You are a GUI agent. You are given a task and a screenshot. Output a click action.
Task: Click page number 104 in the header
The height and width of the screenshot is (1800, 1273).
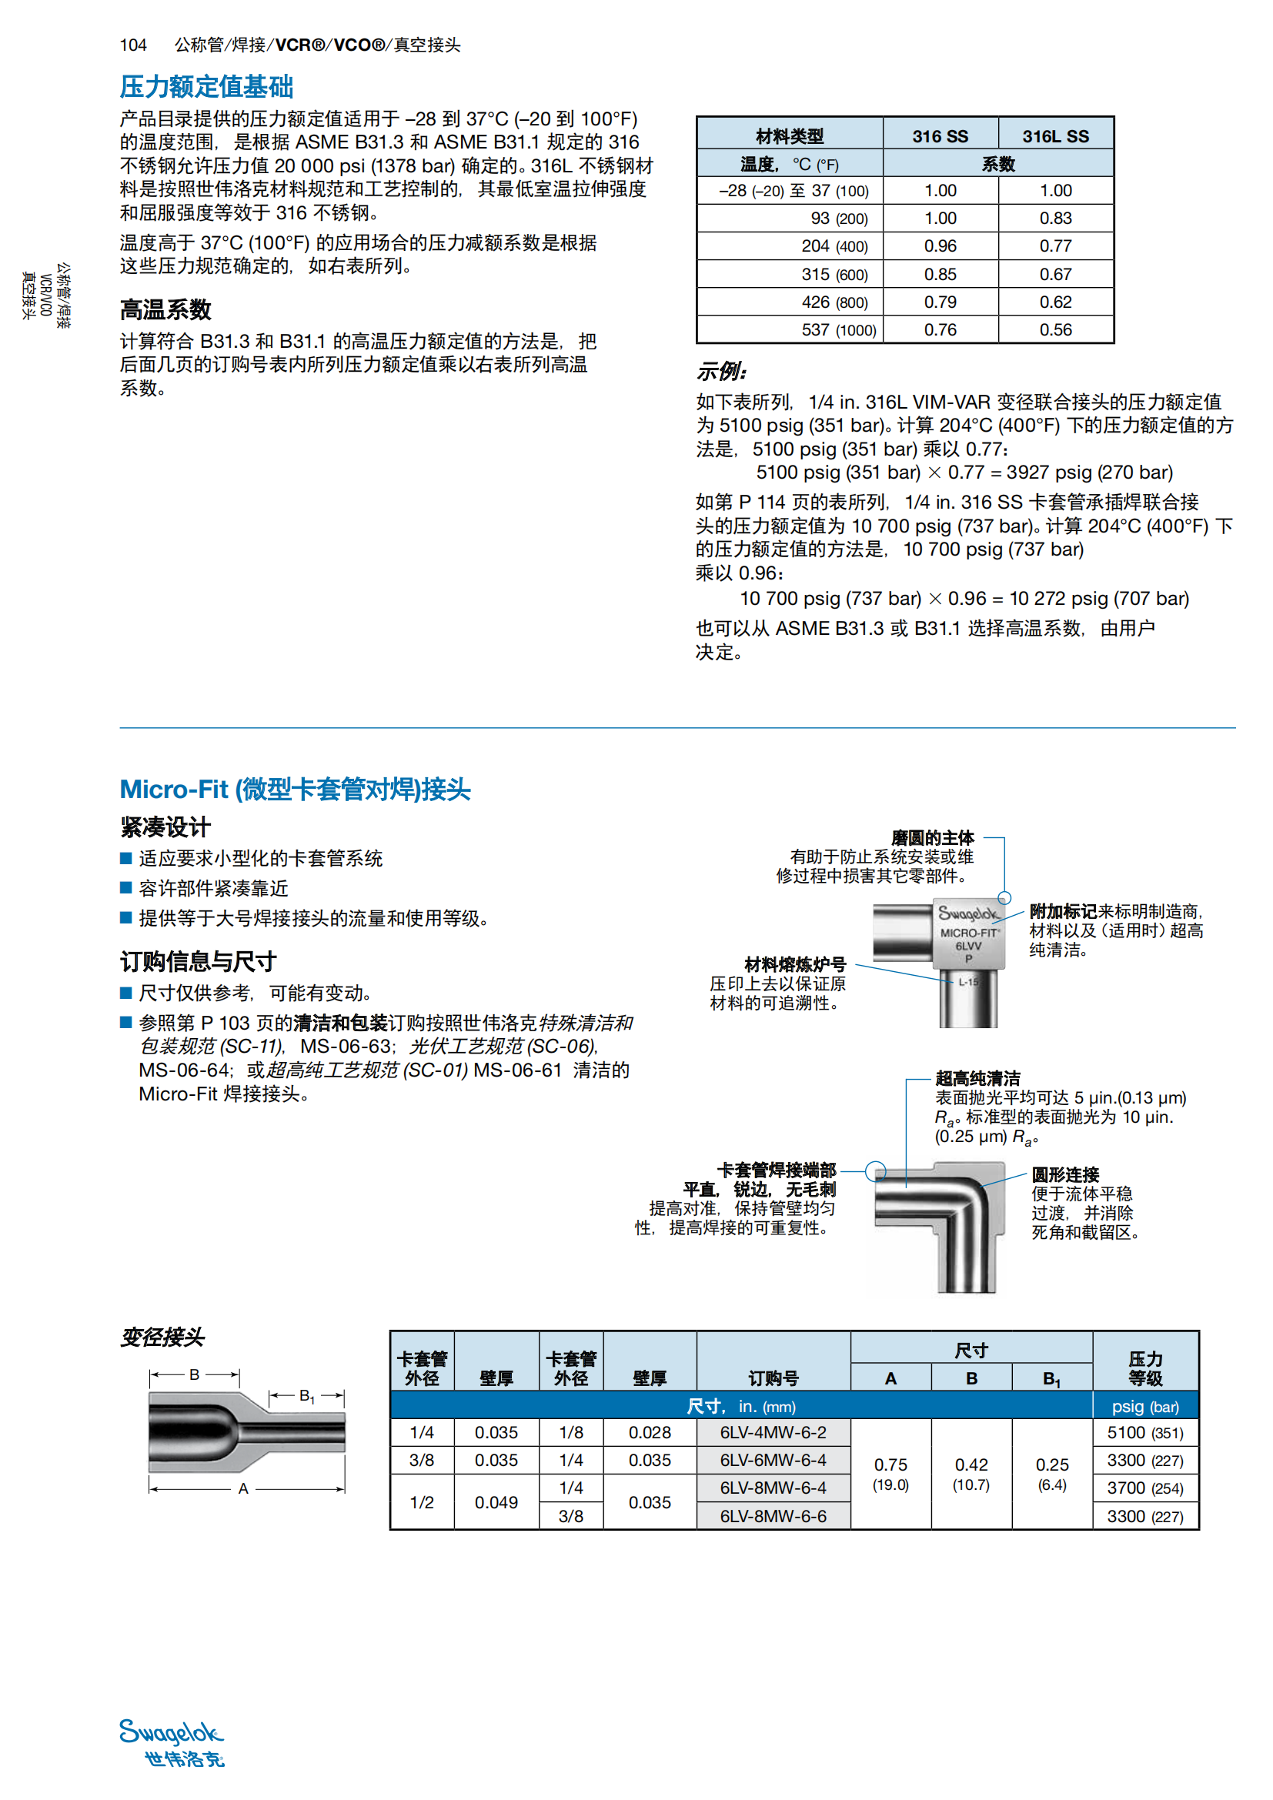point(133,45)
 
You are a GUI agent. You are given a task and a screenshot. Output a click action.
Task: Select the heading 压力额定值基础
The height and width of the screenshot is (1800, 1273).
point(206,86)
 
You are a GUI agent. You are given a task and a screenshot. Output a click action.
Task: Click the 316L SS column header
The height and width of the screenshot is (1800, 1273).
point(1055,136)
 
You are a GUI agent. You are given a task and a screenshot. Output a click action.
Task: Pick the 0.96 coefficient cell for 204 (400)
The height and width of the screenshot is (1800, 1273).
point(940,246)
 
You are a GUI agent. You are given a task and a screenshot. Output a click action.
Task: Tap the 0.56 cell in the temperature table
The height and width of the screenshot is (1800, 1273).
point(1055,330)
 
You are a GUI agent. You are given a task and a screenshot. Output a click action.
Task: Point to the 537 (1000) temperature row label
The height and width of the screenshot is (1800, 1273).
point(838,330)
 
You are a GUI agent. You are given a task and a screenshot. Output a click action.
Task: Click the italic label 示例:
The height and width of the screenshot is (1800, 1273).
point(722,372)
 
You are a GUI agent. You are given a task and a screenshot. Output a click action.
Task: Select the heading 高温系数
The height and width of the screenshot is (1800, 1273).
point(165,310)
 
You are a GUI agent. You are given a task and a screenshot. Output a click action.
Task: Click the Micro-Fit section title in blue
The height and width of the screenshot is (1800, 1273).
point(295,790)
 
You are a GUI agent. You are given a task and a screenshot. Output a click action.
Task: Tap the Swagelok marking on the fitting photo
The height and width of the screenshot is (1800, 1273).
point(968,914)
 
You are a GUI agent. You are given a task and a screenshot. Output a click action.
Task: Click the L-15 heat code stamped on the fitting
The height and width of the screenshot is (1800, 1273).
point(969,981)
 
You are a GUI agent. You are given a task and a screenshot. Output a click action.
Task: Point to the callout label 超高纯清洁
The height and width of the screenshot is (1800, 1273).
point(977,1079)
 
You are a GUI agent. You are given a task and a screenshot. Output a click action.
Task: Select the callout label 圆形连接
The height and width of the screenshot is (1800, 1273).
point(1065,1174)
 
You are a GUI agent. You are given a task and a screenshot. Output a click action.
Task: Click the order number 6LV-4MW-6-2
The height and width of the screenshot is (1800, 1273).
point(773,1432)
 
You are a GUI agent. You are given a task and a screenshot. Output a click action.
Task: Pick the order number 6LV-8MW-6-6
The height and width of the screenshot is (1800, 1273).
point(773,1516)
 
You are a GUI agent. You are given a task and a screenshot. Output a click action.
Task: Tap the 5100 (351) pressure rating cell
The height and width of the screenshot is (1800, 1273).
point(1144,1432)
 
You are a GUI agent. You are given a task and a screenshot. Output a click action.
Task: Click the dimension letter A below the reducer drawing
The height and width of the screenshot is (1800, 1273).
point(243,1489)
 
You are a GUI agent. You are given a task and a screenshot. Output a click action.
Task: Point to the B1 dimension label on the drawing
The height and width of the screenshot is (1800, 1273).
point(306,1396)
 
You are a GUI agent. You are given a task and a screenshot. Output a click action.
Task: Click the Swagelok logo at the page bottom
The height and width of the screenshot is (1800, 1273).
point(172,1742)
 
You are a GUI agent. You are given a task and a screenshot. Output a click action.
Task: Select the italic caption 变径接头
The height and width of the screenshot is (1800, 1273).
point(162,1337)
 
